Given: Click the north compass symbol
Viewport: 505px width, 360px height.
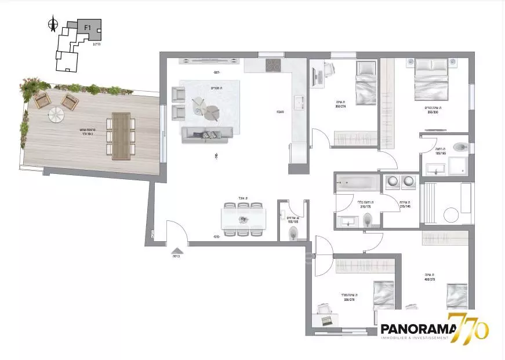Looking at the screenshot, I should click(53, 24).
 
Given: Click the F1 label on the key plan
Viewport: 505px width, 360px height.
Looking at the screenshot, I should click(88, 27).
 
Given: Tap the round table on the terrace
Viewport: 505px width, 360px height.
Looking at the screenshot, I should click(56, 115).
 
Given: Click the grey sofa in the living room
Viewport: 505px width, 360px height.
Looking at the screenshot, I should click(208, 135).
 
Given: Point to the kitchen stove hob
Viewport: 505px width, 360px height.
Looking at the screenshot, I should click(273, 65).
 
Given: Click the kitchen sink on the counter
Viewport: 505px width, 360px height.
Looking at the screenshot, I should click(299, 103).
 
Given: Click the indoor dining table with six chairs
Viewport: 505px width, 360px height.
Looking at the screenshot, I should click(244, 219).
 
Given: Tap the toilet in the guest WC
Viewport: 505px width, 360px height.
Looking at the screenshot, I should click(293, 234).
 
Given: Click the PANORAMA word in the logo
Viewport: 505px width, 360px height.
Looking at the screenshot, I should click(414, 329).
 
